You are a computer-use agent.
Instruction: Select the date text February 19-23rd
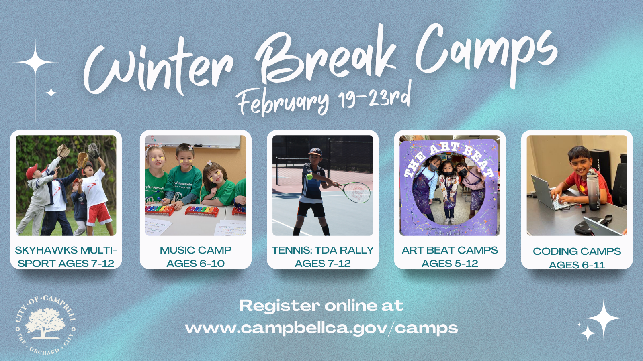point(324,100)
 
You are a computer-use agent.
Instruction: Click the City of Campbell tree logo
point(45,325)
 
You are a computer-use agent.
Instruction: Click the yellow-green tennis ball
point(309,177)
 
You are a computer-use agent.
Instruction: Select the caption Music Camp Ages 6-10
point(196,257)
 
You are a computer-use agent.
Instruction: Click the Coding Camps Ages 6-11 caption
point(577,258)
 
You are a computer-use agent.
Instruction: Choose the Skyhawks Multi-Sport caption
point(66,257)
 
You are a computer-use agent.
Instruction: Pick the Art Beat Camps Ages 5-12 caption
point(450,257)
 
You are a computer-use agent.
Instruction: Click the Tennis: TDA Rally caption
point(323,257)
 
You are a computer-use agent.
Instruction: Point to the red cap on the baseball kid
point(32,171)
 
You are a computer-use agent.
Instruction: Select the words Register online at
point(321,306)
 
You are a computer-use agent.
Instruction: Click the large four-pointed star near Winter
point(35,62)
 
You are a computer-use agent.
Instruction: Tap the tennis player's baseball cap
point(315,152)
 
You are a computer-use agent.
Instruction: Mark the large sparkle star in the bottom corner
point(604,318)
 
